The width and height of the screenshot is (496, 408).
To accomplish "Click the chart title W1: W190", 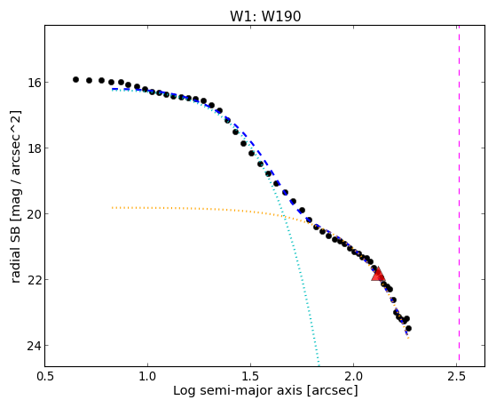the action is point(265,16).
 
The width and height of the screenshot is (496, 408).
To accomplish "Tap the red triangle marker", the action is point(378,275).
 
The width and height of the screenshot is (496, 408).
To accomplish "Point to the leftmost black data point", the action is point(75,80).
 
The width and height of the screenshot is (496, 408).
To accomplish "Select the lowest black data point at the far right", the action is point(408,328).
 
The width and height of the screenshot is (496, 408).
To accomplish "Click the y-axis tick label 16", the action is point(34,83).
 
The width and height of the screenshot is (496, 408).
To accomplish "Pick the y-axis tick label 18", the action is point(34,148).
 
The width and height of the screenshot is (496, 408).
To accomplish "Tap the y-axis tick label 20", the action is point(34,213).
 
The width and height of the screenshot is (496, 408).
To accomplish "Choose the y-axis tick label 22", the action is point(34,280).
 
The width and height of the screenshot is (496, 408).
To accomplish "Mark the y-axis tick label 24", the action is point(34,345).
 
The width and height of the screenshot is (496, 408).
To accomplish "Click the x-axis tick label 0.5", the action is point(45,376).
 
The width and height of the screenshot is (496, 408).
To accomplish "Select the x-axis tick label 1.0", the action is point(147,376).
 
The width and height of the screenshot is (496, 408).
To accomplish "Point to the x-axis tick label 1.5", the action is point(250,376).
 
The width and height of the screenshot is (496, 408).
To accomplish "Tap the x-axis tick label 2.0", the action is point(354,376).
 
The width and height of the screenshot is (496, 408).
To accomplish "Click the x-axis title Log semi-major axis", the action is point(238,390).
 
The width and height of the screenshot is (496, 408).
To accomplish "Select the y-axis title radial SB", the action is point(16,251).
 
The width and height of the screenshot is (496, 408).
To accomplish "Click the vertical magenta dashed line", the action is point(459,196).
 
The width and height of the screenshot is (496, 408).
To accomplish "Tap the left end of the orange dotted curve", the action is point(113,208).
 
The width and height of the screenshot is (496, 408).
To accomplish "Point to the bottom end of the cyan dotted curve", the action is point(319,364).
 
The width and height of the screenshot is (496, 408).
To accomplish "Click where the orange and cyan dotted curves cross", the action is point(284,217).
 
